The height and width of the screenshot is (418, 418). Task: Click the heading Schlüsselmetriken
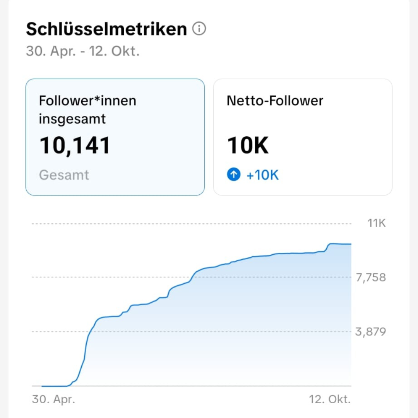pyautogui.click(x=106, y=29)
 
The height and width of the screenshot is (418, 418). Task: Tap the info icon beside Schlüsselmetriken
pyautogui.click(x=199, y=29)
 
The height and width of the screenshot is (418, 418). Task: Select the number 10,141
pyautogui.click(x=75, y=146)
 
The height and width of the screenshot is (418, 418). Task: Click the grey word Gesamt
pyautogui.click(x=64, y=175)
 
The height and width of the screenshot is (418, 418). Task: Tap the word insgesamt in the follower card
pyautogui.click(x=72, y=119)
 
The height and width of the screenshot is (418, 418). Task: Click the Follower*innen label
pyautogui.click(x=87, y=101)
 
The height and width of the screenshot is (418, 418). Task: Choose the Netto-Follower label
pyautogui.click(x=275, y=101)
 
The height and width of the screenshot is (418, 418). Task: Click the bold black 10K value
pyautogui.click(x=248, y=146)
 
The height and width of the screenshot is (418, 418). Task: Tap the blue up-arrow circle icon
pyautogui.click(x=233, y=175)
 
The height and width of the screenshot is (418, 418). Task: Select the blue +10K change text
pyautogui.click(x=262, y=175)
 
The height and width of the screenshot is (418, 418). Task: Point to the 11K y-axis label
pyautogui.click(x=377, y=223)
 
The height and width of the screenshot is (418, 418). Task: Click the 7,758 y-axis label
pyautogui.click(x=371, y=277)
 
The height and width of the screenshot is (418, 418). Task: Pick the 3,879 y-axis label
pyautogui.click(x=371, y=332)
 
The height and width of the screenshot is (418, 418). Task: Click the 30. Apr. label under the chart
pyautogui.click(x=53, y=399)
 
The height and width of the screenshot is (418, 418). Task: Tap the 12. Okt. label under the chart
pyautogui.click(x=330, y=399)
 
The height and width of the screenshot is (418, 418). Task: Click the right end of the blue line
pyautogui.click(x=350, y=244)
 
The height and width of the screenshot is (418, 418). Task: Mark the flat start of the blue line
pyautogui.click(x=54, y=386)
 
